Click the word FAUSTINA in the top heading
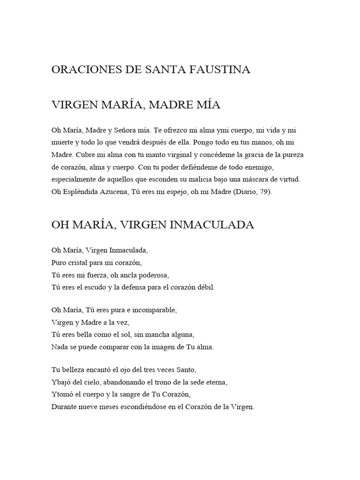[x=220, y=70]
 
